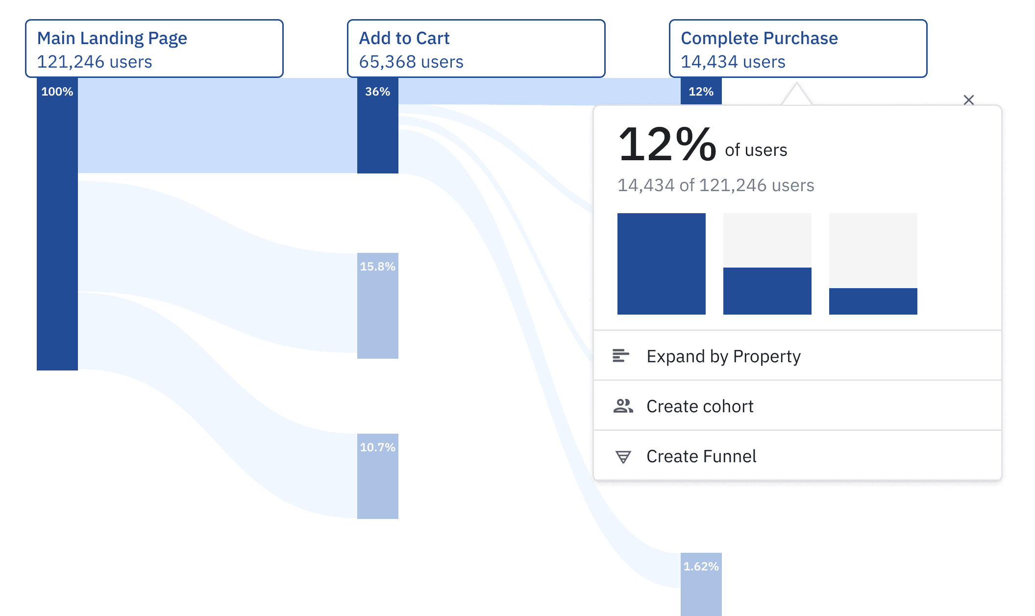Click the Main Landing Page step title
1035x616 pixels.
point(112,38)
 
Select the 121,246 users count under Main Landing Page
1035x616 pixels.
point(95,62)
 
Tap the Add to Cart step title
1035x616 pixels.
point(404,38)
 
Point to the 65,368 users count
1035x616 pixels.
point(411,62)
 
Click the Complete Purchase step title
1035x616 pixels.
point(759,38)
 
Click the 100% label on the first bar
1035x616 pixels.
point(57,92)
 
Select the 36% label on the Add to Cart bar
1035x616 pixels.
point(378,92)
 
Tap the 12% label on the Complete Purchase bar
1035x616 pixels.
point(701,92)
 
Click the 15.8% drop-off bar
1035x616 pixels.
point(378,305)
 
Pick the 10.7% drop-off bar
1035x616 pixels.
point(378,476)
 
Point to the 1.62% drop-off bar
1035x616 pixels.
point(701,583)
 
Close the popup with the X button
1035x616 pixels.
point(969,100)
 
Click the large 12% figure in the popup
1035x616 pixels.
point(667,145)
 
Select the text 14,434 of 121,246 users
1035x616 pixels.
point(715,185)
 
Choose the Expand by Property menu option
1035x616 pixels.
point(723,356)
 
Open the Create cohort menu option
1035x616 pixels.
point(700,406)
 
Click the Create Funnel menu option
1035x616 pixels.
point(701,456)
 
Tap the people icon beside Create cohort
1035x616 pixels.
point(623,406)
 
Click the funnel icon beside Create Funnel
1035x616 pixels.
point(623,457)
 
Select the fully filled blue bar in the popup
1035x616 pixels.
point(662,264)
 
